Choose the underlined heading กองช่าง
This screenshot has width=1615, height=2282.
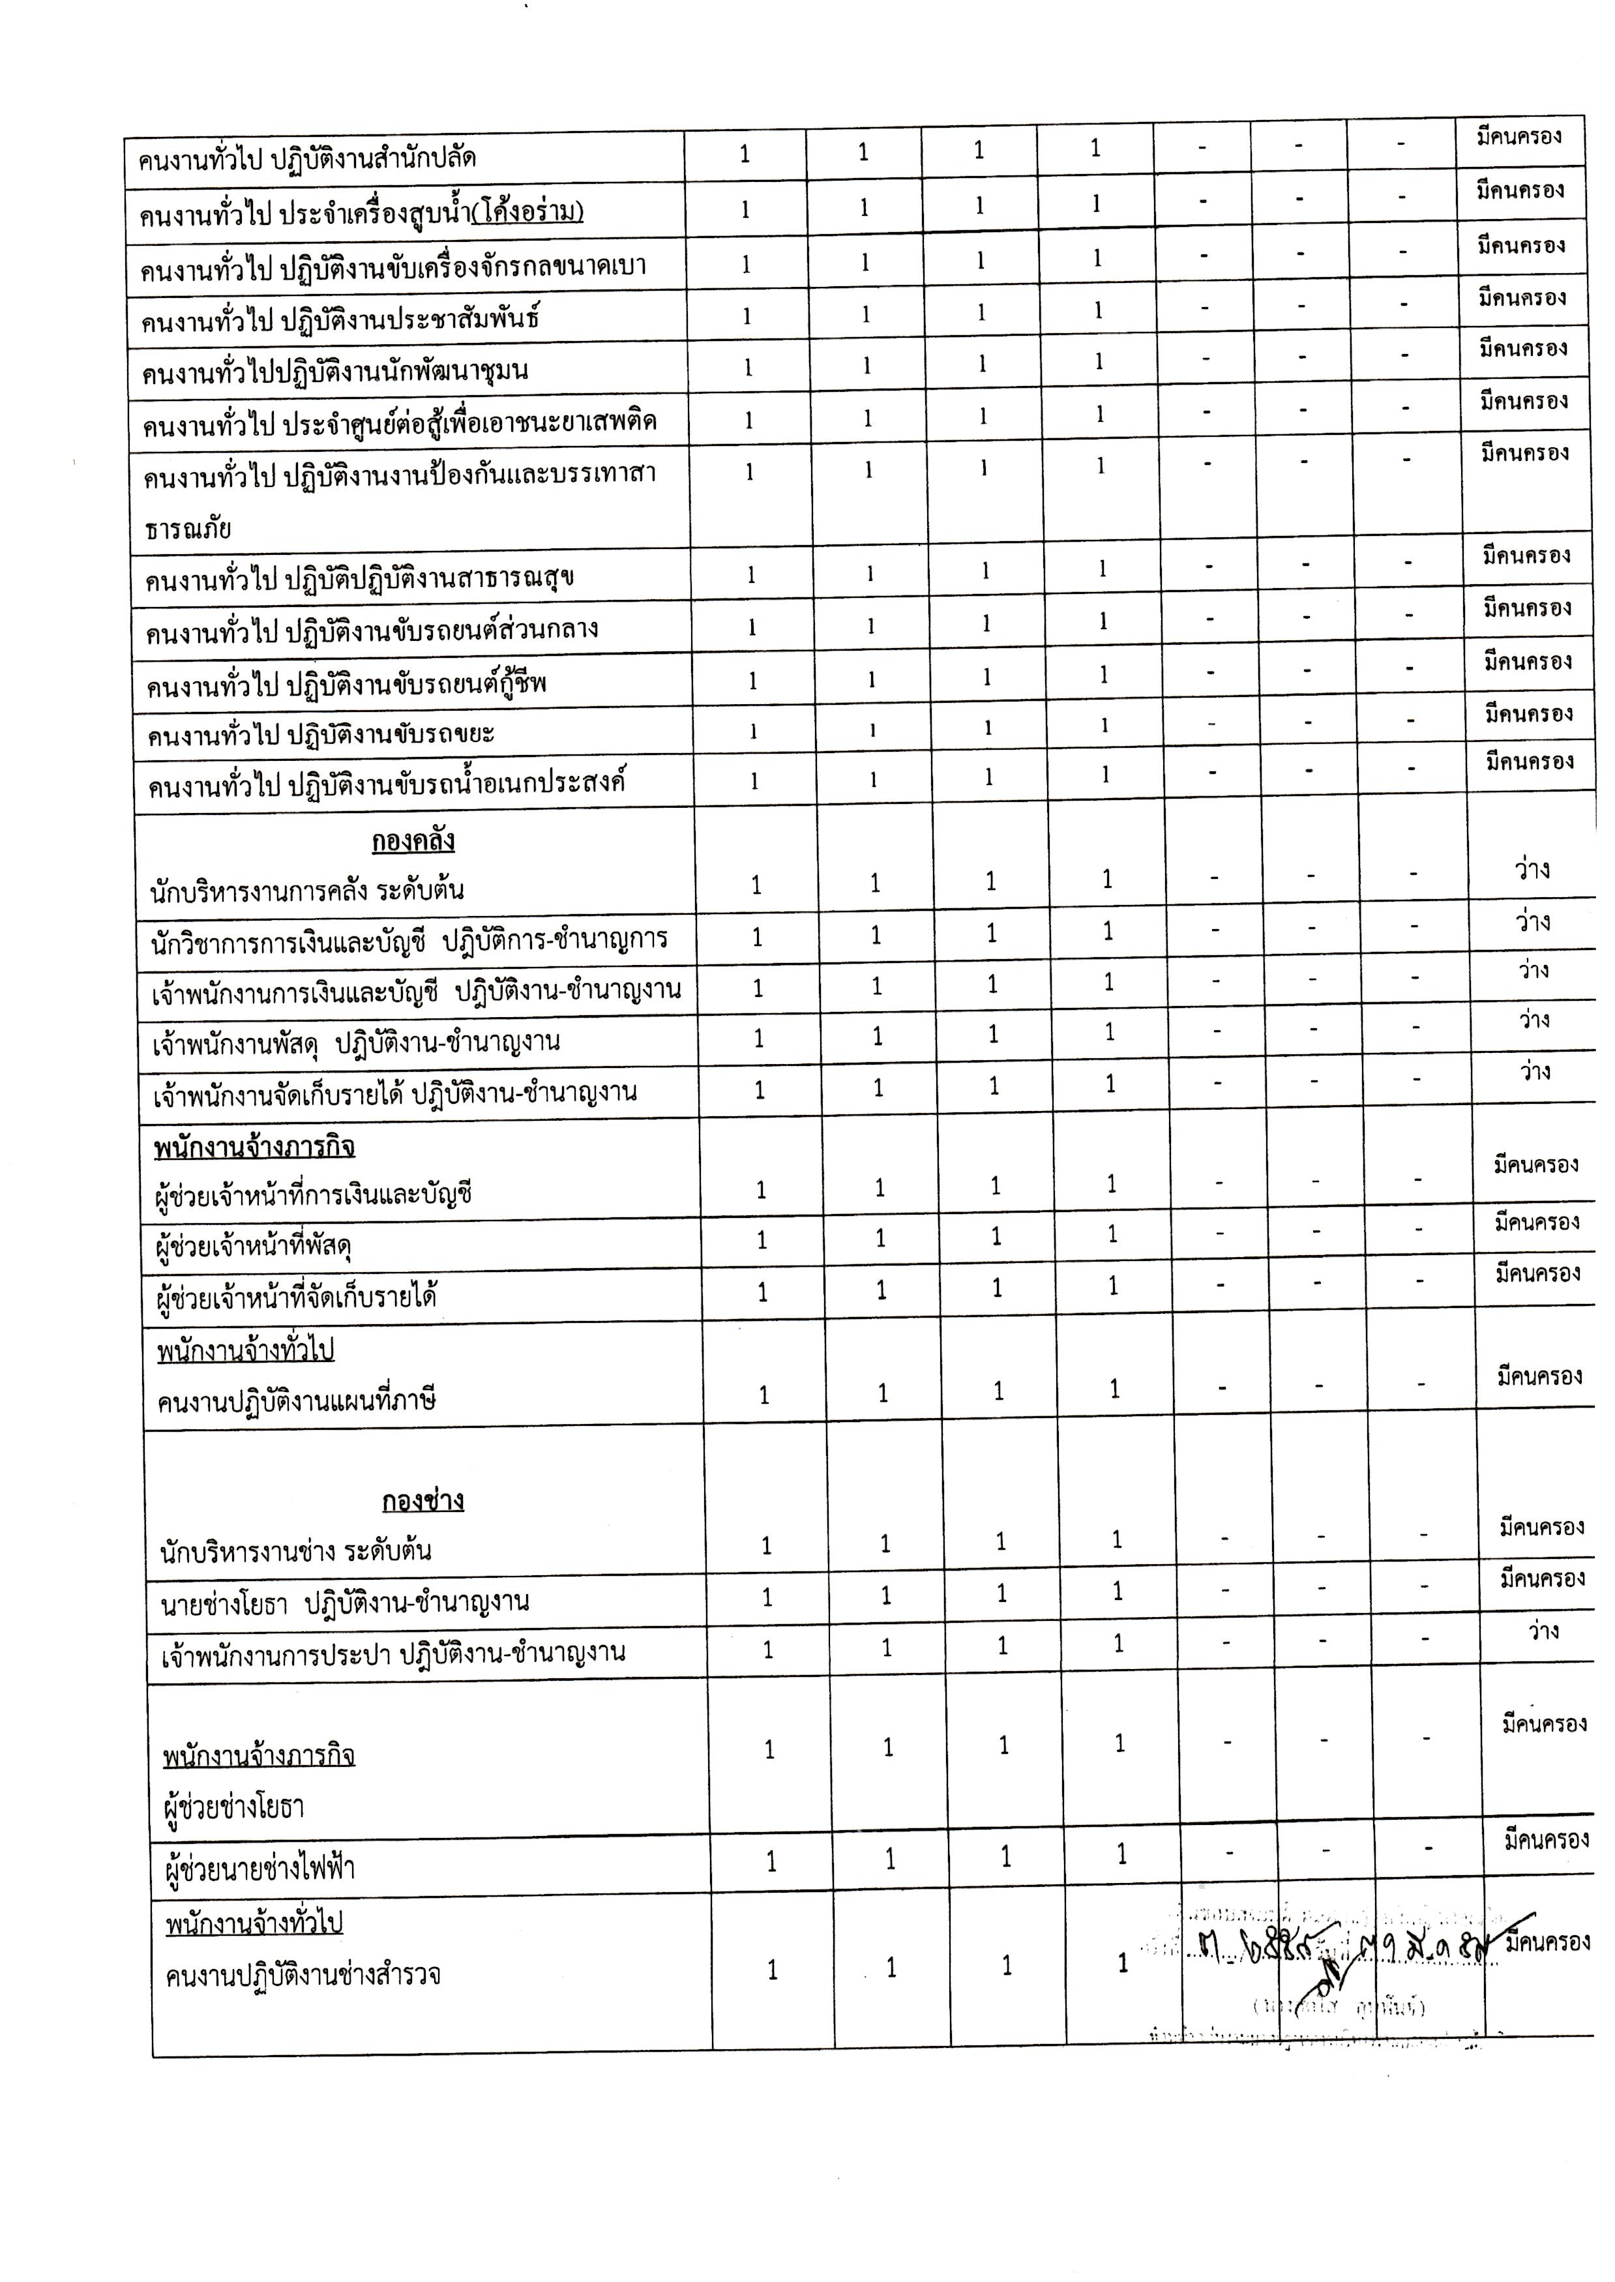(422, 1500)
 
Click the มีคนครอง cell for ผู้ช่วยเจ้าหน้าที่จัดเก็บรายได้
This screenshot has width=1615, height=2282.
(1537, 1273)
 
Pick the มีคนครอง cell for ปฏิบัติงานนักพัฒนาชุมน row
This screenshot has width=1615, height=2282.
(1522, 349)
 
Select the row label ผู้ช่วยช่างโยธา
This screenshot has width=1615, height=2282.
(233, 1807)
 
